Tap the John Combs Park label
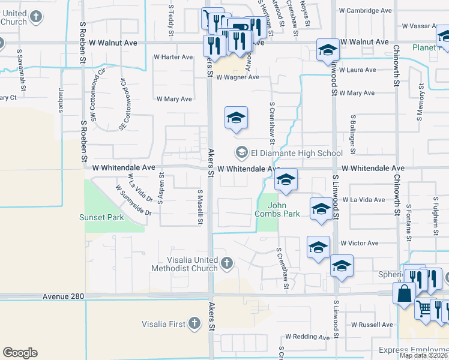(277, 209)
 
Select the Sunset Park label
(102, 217)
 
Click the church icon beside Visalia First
(194, 324)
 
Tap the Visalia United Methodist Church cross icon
(226, 263)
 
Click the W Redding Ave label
(307, 337)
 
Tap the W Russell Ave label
(372, 325)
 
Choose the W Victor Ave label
(359, 243)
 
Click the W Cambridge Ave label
(366, 11)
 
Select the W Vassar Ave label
(423, 26)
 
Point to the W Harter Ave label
(173, 57)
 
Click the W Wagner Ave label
(238, 77)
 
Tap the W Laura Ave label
(357, 70)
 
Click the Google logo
(20, 353)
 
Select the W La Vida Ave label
(363, 199)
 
